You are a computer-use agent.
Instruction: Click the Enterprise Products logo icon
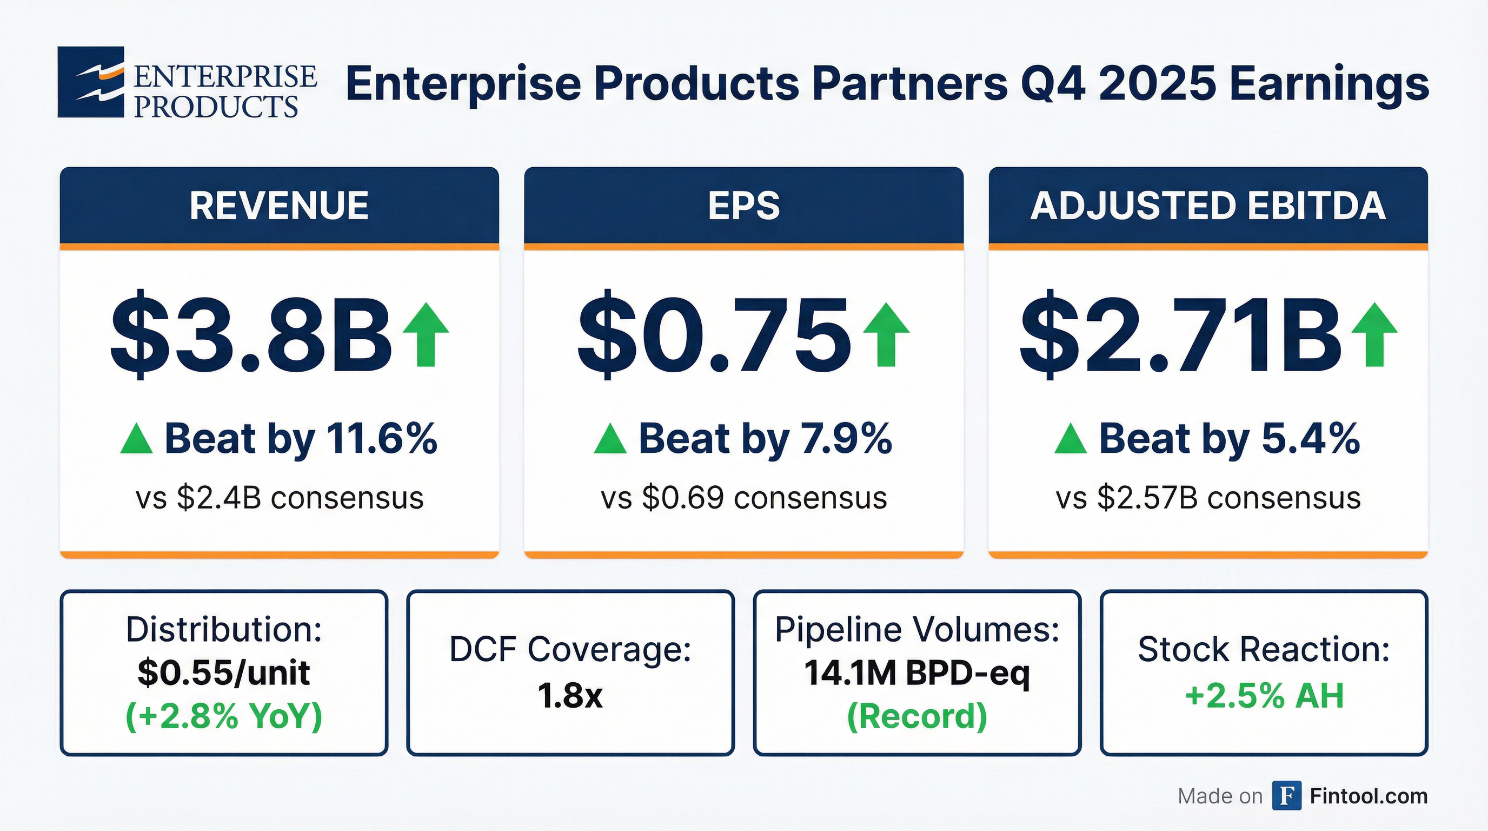point(91,82)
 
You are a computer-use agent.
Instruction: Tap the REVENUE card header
point(279,206)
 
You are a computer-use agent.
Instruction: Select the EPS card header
point(743,206)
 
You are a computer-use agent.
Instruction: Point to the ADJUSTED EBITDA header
point(1208,206)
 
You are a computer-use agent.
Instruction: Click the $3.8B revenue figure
point(251,335)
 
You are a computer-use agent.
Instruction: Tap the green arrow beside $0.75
point(886,335)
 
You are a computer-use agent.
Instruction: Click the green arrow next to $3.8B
point(426,335)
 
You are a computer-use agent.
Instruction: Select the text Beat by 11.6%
point(301,439)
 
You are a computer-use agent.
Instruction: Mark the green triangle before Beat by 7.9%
point(610,439)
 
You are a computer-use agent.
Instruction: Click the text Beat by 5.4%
point(1228,439)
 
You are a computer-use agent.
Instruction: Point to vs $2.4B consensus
point(280,498)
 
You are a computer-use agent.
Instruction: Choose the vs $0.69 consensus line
point(743,498)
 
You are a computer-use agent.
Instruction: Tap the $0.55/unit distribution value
point(223,672)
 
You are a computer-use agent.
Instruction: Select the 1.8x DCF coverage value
point(570,695)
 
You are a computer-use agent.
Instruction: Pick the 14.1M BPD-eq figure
point(916,672)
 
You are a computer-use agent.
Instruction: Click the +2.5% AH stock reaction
point(1264,695)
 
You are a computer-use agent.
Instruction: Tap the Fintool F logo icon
point(1286,796)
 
